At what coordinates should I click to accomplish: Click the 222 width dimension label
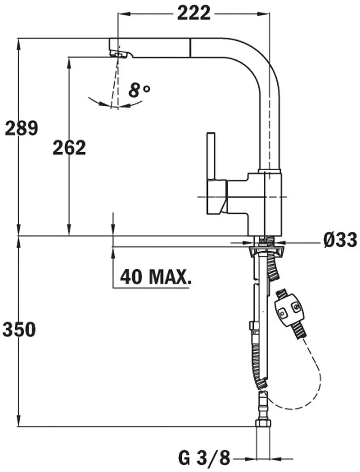point(194,13)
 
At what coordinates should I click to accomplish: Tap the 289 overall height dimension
point(21,128)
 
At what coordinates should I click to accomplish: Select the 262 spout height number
point(69,148)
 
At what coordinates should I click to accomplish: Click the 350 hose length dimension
point(19,330)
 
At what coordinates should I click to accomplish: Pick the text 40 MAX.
point(156,277)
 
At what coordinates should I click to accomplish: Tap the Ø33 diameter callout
point(340,240)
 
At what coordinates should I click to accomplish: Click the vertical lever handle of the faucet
point(211,156)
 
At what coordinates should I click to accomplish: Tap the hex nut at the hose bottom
point(263,423)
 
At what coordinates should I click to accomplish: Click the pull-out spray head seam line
point(190,48)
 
